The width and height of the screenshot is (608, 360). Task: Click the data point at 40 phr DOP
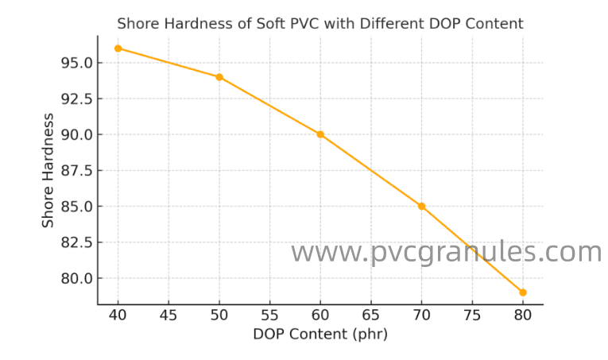coord(118,48)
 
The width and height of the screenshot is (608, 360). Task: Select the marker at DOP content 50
coord(219,77)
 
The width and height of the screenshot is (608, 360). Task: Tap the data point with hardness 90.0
coord(320,134)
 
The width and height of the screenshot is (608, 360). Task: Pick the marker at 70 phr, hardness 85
coord(421,206)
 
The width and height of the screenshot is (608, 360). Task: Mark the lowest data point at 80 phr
coord(522,292)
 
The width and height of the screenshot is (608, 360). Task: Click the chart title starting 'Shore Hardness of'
coord(320,24)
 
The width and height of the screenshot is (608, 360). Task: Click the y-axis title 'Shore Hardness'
coord(48,170)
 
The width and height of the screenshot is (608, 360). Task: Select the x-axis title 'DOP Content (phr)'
coord(320,335)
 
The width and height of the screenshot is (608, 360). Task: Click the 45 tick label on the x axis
coord(168,315)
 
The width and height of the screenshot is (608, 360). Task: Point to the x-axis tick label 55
coord(269,315)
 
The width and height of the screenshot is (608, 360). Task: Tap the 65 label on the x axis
coord(370,315)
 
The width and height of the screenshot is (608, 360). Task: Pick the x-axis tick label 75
coord(471,315)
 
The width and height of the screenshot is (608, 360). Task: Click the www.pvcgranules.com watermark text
coord(446,253)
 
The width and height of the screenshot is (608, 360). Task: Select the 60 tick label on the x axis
coord(320,315)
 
